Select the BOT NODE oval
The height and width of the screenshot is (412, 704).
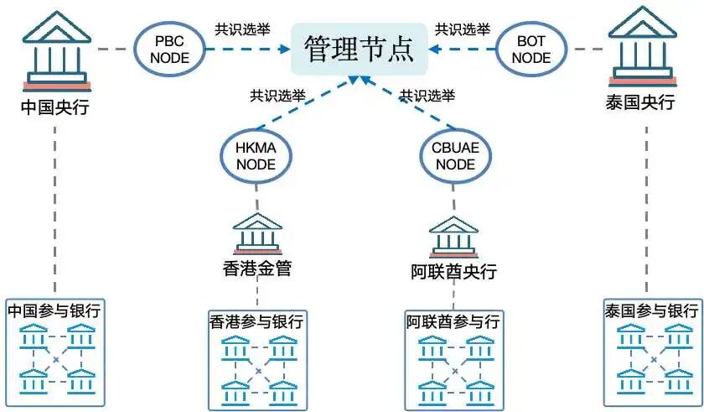point(531,49)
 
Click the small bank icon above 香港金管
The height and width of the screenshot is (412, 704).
point(257,234)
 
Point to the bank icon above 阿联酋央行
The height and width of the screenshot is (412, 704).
point(453,236)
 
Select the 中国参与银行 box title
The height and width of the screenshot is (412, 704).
point(54,310)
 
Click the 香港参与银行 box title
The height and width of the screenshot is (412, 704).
point(256,322)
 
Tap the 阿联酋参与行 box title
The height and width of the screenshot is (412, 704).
point(453,322)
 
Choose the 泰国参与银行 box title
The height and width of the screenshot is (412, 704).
point(650,310)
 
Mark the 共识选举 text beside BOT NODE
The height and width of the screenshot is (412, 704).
point(462,29)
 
